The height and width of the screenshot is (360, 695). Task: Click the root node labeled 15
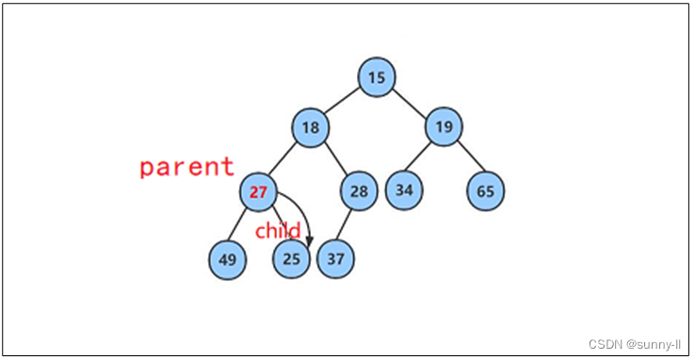pyautogui.click(x=377, y=77)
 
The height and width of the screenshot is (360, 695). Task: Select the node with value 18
pyautogui.click(x=311, y=127)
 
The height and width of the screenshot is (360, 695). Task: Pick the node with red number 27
pyautogui.click(x=258, y=192)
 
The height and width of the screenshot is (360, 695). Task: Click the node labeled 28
pyautogui.click(x=359, y=191)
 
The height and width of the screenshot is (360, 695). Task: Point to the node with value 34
pyautogui.click(x=404, y=190)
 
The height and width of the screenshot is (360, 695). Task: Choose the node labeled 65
pyautogui.click(x=485, y=191)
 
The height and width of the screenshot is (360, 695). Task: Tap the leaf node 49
pyautogui.click(x=228, y=259)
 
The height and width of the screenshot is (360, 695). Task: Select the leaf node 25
pyautogui.click(x=291, y=259)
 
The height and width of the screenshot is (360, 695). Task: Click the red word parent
pyautogui.click(x=186, y=167)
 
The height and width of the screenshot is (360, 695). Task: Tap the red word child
pyautogui.click(x=278, y=231)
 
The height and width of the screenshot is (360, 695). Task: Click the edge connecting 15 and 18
pyautogui.click(x=344, y=102)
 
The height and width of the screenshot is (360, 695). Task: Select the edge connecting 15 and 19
pyautogui.click(x=411, y=102)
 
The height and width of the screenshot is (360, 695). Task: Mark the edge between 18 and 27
pyautogui.click(x=284, y=160)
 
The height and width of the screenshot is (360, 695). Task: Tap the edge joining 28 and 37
pyautogui.click(x=347, y=225)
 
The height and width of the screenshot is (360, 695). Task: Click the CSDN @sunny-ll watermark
pyautogui.click(x=634, y=344)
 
